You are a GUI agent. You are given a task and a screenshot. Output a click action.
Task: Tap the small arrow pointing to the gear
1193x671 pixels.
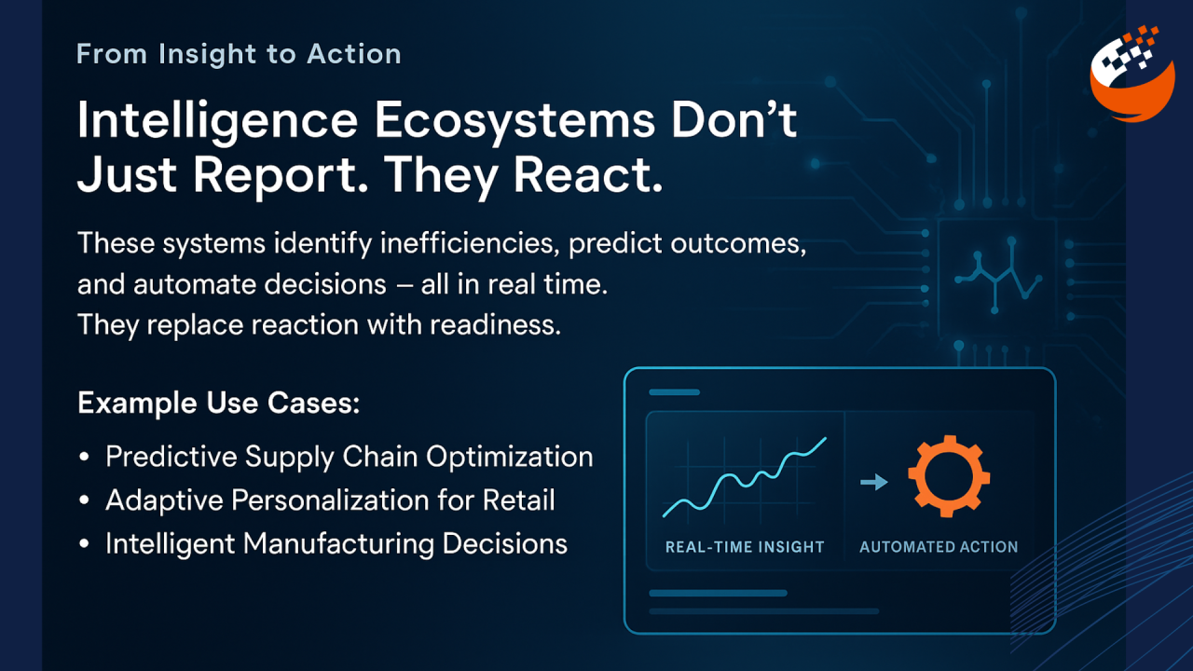tap(873, 482)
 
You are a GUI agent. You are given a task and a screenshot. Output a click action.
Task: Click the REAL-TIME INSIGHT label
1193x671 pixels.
tap(745, 547)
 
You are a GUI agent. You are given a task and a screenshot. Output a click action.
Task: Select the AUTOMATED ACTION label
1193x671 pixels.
tap(939, 547)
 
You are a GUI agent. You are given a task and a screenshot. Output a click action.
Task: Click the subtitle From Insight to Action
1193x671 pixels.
tap(239, 54)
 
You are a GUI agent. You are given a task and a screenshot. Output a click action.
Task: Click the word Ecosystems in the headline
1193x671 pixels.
tap(501, 121)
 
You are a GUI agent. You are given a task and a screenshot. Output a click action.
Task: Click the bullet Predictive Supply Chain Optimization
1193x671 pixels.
tap(349, 457)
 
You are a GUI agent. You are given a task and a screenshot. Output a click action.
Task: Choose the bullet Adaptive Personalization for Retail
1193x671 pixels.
tap(330, 500)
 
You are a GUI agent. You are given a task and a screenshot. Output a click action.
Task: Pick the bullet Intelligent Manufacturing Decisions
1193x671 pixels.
tap(336, 543)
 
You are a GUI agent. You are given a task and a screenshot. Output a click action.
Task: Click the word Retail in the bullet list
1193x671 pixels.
tap(519, 500)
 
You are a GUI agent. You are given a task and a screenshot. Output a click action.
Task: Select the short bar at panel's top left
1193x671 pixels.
tap(673, 392)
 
